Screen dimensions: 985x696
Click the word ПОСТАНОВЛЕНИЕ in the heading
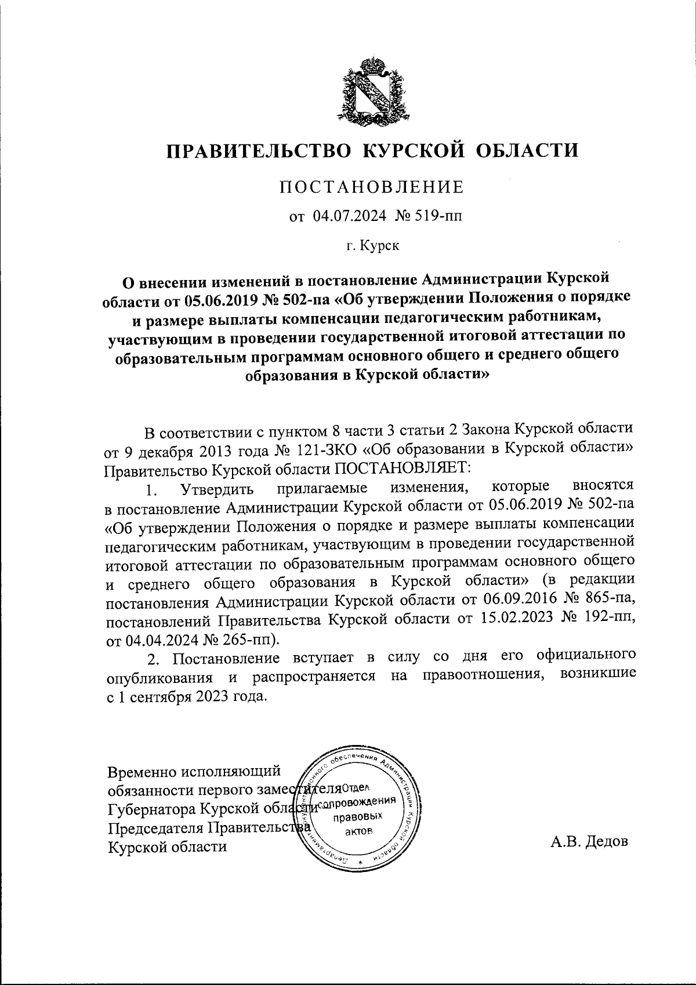click(x=372, y=187)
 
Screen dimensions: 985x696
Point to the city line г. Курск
click(x=373, y=246)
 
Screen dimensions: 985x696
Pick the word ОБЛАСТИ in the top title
click(x=527, y=151)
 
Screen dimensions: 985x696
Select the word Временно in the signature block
click(x=142, y=772)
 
